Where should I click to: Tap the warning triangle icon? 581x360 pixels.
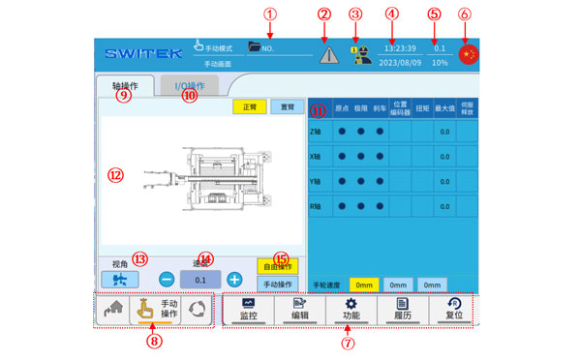[x=329, y=54]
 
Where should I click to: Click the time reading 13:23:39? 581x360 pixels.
[x=400, y=47]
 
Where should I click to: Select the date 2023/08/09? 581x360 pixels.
[x=400, y=63]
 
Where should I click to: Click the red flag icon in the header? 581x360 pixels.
[x=469, y=54]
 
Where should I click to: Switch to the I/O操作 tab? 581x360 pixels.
[x=189, y=86]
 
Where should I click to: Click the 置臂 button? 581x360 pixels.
[x=283, y=106]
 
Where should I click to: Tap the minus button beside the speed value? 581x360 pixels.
[x=167, y=279]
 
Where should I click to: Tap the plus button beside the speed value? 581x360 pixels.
[x=233, y=279]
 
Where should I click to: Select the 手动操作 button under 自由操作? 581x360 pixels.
[x=278, y=284]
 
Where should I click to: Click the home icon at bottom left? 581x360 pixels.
[x=111, y=310]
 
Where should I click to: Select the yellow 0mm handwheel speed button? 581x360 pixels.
[x=363, y=285]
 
